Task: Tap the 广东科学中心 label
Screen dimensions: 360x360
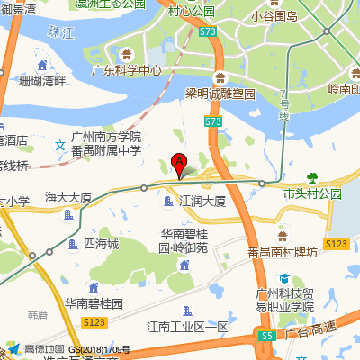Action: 127,69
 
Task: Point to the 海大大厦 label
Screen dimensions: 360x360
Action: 68,196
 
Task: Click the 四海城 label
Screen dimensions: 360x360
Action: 101,244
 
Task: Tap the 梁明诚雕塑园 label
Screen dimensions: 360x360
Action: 220,94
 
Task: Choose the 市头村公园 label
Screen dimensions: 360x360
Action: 312,193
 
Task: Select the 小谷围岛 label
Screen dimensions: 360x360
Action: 274,15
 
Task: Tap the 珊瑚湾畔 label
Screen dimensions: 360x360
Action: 42,81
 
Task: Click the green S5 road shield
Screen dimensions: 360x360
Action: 267,335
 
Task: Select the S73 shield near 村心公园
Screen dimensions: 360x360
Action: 210,32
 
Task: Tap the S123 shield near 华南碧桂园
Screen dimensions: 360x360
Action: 94,321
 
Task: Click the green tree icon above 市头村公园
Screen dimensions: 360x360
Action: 312,177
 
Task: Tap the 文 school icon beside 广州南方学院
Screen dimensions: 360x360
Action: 59,144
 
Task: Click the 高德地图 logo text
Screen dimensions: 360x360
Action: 44,349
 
